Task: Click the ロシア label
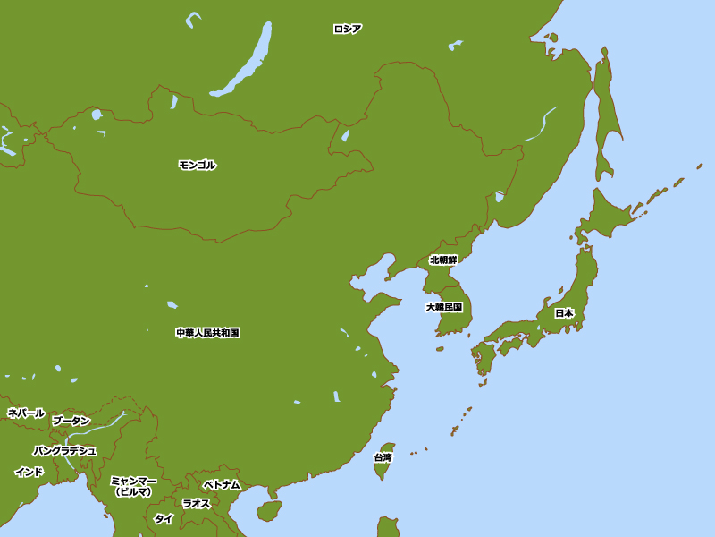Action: pos(347,29)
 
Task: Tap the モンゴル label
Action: pos(197,165)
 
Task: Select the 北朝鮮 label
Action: pos(443,260)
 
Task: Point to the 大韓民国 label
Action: pos(443,307)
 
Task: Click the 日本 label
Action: pos(564,313)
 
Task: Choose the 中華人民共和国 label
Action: pos(207,333)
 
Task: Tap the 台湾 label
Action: pos(383,457)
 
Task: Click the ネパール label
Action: pos(26,413)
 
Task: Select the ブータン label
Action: pos(71,421)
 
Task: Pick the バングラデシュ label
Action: pos(64,450)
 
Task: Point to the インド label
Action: pos(29,472)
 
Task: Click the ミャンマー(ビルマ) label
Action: pos(133,486)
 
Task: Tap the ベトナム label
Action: pos(221,484)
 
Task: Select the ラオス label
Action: pos(196,503)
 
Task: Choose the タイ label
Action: pos(164,519)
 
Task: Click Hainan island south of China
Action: pos(268,511)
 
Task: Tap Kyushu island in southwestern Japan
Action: pos(484,359)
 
